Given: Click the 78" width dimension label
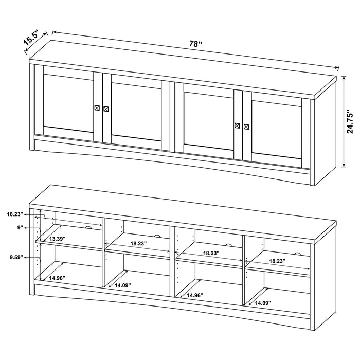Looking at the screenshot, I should click(x=194, y=44).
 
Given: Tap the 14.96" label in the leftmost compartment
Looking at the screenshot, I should click(x=58, y=278).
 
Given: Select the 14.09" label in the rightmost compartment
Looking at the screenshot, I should click(x=262, y=303).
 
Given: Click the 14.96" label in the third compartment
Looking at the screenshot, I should click(x=194, y=296).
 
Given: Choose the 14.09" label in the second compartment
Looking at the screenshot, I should click(x=123, y=285).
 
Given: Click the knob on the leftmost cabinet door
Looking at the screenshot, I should click(x=97, y=107).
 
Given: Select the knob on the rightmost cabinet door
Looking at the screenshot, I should click(x=246, y=126).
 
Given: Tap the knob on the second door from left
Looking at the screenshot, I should click(x=106, y=109).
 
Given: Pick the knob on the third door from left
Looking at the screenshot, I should click(x=237, y=125).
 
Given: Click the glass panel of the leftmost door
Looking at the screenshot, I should click(x=68, y=104).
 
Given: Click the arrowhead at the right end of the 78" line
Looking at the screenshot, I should click(x=337, y=68).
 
